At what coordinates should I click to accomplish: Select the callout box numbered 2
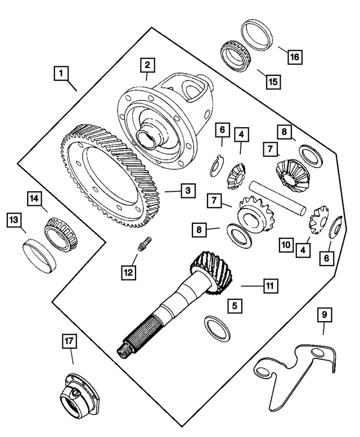click(x=147, y=65)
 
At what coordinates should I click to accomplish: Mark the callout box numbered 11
click(x=269, y=286)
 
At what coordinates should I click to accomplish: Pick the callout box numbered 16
click(x=295, y=56)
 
